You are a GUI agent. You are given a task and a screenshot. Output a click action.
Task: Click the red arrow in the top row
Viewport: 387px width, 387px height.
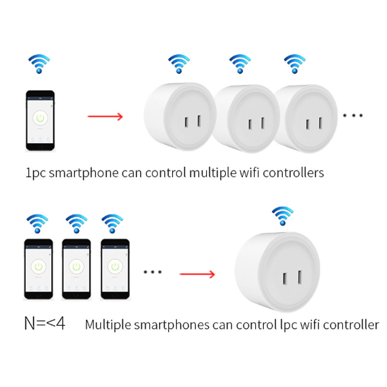tap(105, 116)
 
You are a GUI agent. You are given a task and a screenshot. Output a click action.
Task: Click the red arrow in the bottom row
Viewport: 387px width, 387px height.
tap(197, 274)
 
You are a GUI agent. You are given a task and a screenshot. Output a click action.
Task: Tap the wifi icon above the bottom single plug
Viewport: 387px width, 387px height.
tap(283, 216)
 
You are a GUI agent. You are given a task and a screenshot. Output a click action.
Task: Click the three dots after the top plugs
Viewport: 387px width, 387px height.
tap(353, 115)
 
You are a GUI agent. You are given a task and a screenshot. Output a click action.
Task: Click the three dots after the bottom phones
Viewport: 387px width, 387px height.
tap(153, 272)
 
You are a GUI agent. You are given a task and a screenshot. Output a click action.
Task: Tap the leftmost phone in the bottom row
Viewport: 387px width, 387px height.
tap(39, 269)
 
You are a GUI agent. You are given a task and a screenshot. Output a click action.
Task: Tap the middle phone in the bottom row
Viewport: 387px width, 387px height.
tap(77, 269)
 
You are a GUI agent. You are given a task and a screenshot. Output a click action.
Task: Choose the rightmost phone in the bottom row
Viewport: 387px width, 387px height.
tap(115, 269)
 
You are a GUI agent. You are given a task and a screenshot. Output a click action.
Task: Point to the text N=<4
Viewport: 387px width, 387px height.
tap(45, 324)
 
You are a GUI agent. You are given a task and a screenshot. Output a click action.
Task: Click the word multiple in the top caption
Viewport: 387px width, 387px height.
tap(212, 173)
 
